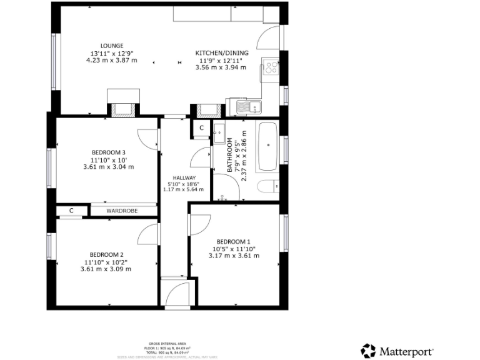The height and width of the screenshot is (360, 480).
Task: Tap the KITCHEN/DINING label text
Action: click(x=222, y=53)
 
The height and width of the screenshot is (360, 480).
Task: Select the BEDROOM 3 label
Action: click(x=109, y=152)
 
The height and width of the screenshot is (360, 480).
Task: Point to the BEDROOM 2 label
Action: click(x=106, y=254)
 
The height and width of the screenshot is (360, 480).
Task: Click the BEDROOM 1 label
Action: click(x=233, y=242)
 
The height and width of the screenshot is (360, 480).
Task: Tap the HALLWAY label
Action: click(x=176, y=178)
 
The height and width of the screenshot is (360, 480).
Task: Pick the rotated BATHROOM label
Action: click(x=230, y=156)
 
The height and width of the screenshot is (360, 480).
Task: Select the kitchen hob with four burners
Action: click(x=271, y=67)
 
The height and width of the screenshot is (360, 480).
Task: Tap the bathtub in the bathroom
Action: click(x=268, y=146)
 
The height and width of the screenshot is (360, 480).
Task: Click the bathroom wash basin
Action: click(x=219, y=132)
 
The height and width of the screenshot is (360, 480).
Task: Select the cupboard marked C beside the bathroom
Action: click(x=201, y=128)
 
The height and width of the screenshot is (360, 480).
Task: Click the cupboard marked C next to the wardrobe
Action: click(x=71, y=211)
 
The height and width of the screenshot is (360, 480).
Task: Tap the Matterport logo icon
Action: click(x=369, y=351)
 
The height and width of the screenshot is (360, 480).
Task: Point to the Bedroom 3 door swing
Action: click(x=147, y=139)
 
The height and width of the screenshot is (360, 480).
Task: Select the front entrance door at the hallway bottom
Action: click(x=177, y=293)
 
